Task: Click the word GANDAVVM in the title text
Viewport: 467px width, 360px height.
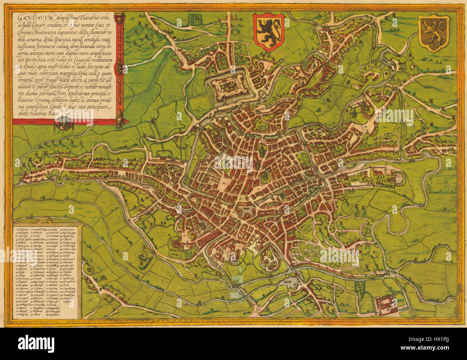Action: click(x=27, y=18)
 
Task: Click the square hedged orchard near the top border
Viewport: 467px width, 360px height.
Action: click(x=196, y=18)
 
